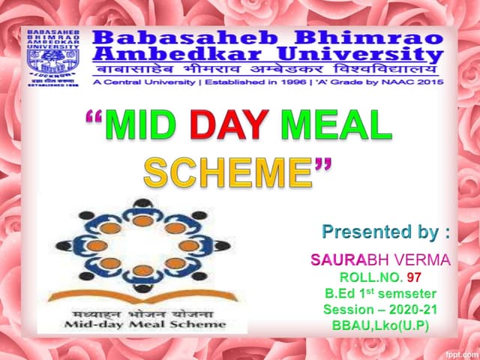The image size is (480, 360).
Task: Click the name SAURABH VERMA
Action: (380, 260)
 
